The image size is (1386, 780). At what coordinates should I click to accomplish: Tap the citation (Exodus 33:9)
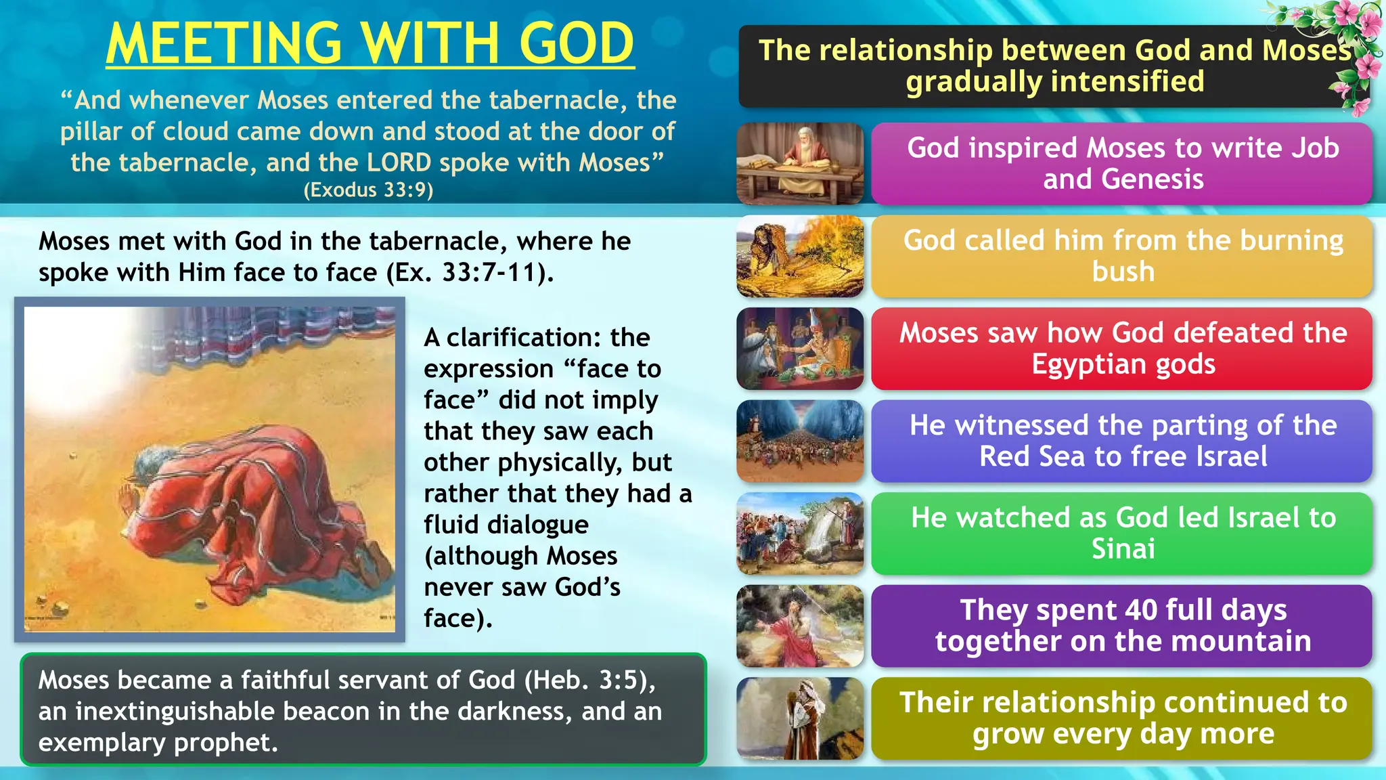pyautogui.click(x=368, y=190)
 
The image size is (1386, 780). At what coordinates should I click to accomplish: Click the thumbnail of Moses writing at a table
pyautogui.click(x=800, y=163)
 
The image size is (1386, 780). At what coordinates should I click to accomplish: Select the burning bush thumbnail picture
pyautogui.click(x=800, y=256)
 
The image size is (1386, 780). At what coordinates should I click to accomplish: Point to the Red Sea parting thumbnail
pyautogui.click(x=800, y=441)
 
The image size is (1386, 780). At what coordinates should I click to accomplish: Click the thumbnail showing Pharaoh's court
pyautogui.click(x=800, y=349)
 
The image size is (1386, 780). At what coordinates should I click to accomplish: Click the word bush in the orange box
pyautogui.click(x=1123, y=272)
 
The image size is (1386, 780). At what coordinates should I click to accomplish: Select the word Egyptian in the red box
pyautogui.click(x=1090, y=364)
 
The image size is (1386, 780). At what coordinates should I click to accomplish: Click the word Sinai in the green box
pyautogui.click(x=1123, y=548)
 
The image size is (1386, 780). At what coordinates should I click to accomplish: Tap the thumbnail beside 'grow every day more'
pyautogui.click(x=800, y=718)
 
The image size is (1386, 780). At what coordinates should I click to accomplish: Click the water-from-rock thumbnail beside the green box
pyautogui.click(x=800, y=534)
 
